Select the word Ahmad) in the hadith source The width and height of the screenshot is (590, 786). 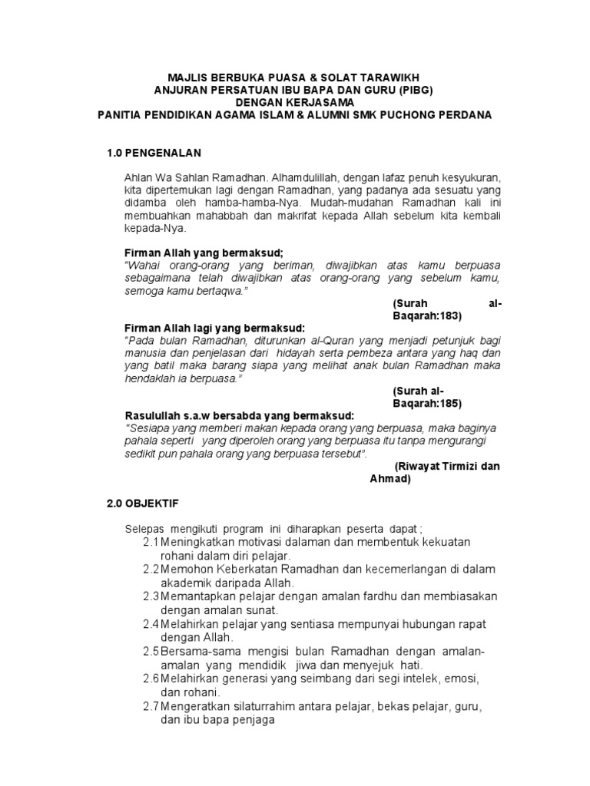point(390,479)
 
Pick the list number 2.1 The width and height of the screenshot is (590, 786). point(151,542)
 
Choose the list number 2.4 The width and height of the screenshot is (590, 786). point(151,623)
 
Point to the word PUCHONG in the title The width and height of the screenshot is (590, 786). point(407,114)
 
